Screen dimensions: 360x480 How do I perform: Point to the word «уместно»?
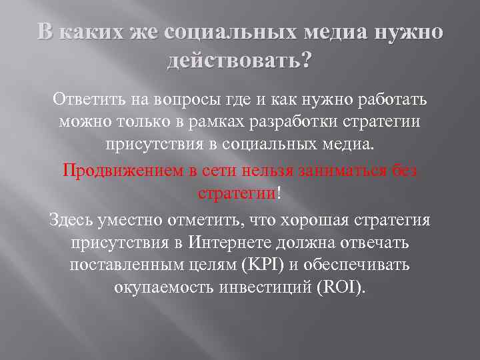point(135,219)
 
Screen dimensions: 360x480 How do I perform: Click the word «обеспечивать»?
point(361,265)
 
